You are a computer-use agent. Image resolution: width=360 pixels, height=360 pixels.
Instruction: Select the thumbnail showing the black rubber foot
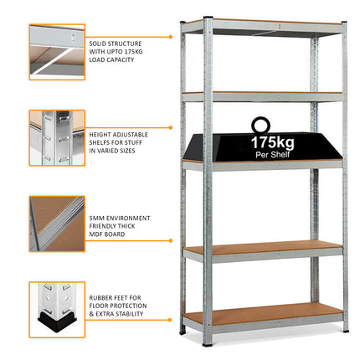coord(57,309)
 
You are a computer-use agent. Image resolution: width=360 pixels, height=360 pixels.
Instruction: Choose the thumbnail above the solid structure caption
coord(57,52)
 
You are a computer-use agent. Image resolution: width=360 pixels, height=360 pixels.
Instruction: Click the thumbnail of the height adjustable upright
coord(57,137)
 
